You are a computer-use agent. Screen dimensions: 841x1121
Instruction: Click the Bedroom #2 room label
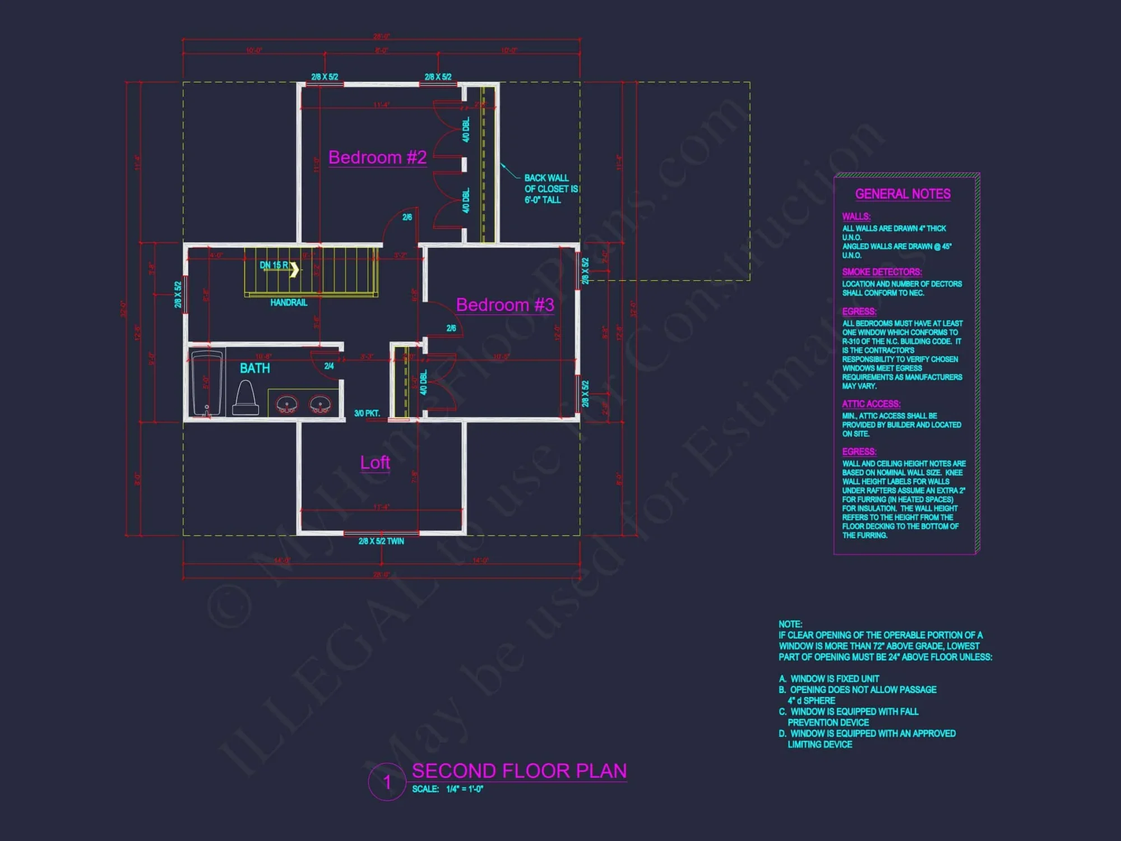[x=377, y=158]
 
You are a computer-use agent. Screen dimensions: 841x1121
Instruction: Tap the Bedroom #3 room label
[x=504, y=305]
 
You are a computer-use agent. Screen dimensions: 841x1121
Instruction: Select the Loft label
[x=375, y=463]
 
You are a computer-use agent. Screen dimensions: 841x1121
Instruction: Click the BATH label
[x=254, y=368]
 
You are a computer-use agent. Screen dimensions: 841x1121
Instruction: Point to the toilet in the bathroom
[x=245, y=398]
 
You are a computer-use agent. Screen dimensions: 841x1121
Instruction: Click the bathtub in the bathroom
[x=207, y=383]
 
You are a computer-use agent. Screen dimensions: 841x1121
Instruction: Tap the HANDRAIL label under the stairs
[x=289, y=303]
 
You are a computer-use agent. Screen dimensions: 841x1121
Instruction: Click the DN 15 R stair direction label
[x=274, y=265]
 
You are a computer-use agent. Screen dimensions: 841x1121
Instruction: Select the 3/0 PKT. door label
[x=367, y=413]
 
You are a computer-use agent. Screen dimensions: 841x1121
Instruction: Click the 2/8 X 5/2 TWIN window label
[x=381, y=542]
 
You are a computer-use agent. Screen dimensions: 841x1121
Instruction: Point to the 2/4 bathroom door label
[x=329, y=366]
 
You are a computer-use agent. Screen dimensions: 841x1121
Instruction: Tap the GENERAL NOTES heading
[x=902, y=194]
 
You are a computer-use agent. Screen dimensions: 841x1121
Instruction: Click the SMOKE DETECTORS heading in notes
[x=881, y=272]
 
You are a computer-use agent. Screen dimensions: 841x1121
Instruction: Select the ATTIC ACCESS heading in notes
[x=871, y=404]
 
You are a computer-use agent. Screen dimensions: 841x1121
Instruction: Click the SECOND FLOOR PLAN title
[x=519, y=771]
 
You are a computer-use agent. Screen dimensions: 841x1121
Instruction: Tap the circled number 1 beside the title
[x=387, y=782]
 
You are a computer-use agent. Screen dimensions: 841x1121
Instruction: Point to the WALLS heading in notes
[x=856, y=216]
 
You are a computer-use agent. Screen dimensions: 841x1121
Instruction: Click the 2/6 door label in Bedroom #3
[x=451, y=329]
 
